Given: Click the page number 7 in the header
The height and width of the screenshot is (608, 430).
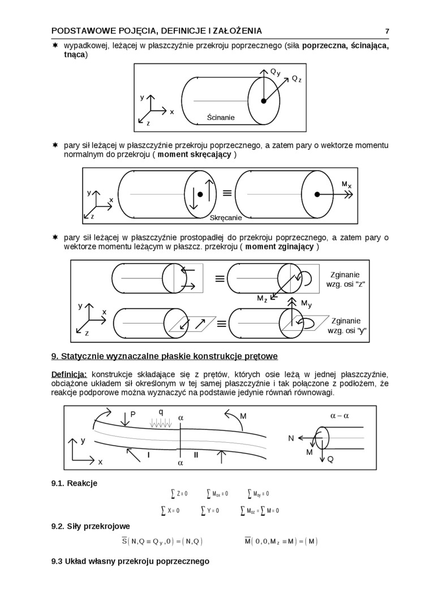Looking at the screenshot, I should click(x=387, y=31).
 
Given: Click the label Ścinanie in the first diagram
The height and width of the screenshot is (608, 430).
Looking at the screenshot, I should click(x=221, y=118).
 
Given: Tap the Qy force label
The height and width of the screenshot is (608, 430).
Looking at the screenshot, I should click(x=275, y=72).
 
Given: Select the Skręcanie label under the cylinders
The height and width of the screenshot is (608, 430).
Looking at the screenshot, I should click(x=226, y=218).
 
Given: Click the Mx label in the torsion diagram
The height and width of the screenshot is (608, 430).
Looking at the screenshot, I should click(x=346, y=185).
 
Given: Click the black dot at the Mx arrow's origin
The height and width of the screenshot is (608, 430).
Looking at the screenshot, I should click(x=317, y=194).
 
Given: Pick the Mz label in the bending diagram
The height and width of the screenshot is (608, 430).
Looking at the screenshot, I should click(x=262, y=299).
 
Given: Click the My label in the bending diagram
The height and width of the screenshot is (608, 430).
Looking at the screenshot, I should click(x=306, y=304).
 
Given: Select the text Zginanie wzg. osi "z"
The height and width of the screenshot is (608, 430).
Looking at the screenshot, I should click(x=343, y=279).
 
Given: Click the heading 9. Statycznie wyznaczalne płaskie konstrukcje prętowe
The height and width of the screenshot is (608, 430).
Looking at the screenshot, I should click(x=164, y=356).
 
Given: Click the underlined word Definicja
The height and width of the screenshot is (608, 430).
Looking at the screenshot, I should click(x=69, y=374).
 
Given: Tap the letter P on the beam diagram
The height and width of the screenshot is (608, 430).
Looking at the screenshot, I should click(x=133, y=415).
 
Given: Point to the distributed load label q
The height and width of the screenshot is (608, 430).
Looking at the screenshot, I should click(x=161, y=411).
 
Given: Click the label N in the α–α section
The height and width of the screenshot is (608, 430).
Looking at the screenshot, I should click(x=291, y=438).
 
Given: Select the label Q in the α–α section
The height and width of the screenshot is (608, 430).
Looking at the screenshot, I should click(x=330, y=459).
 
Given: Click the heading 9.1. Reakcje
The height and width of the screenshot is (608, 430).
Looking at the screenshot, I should click(x=74, y=483).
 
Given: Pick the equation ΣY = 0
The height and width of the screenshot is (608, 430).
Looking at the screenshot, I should click(x=210, y=510).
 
